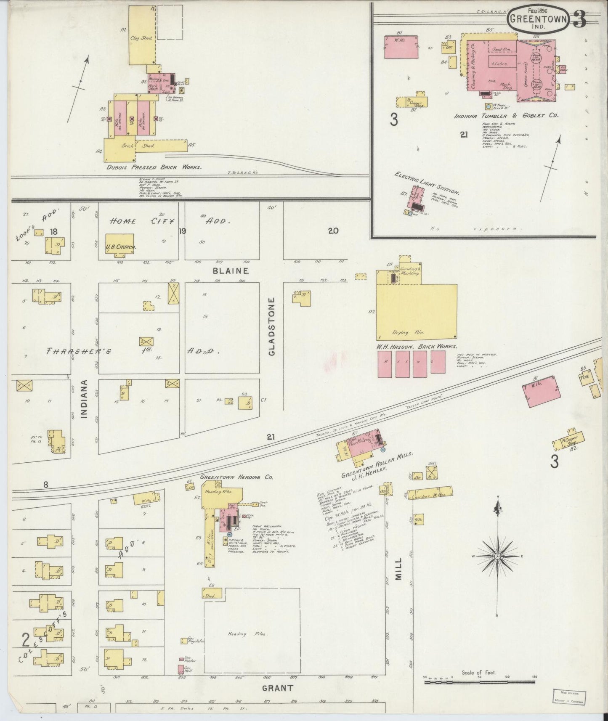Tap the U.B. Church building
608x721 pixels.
tap(119, 244)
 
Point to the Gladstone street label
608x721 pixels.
tap(271, 327)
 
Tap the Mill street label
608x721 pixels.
tap(398, 569)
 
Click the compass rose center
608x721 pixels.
tap(497, 556)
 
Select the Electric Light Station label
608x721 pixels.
tap(427, 182)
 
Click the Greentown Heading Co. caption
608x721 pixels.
tap(237, 477)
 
